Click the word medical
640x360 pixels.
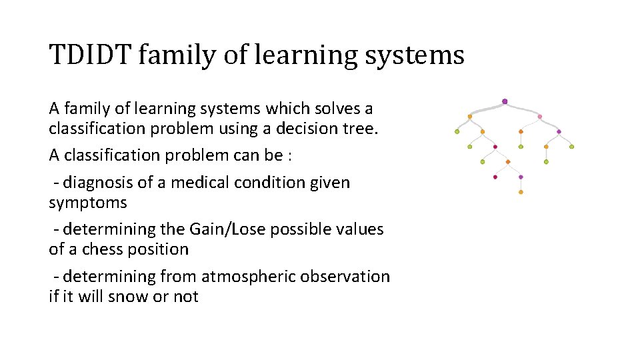click(200, 183)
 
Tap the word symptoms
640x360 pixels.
click(87, 203)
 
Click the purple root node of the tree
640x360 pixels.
click(505, 101)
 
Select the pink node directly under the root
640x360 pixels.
click(539, 117)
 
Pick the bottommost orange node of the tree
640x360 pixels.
click(521, 192)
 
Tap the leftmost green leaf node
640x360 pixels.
click(457, 131)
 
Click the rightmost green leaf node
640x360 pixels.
click(571, 147)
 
